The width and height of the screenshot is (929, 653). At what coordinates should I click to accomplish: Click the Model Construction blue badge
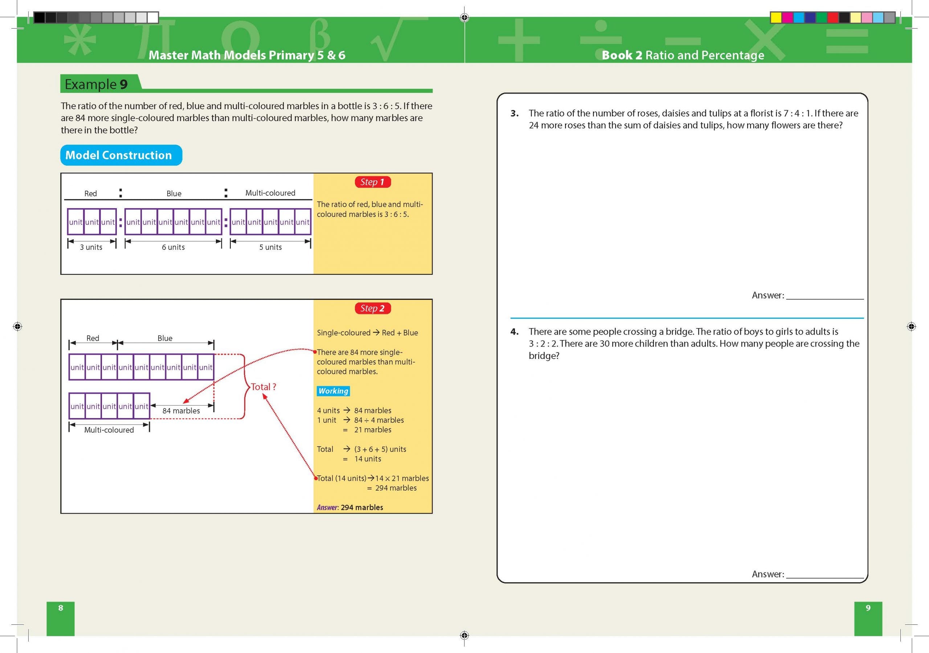point(121,155)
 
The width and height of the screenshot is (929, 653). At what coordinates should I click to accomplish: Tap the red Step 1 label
point(372,182)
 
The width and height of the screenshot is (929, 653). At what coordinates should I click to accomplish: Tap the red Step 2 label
point(372,309)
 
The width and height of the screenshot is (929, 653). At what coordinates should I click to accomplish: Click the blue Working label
point(333,391)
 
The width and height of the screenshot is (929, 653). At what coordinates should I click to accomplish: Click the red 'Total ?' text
point(263,387)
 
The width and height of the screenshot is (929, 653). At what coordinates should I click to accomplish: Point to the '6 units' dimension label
point(173,247)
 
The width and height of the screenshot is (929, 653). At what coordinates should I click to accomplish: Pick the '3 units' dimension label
point(91,247)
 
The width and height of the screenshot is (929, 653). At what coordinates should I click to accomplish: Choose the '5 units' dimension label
point(270,247)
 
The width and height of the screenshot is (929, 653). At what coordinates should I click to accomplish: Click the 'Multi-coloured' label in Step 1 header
point(270,193)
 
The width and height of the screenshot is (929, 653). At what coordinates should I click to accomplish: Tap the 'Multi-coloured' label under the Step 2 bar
point(109,430)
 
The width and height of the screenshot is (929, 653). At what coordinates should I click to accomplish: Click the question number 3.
point(514,113)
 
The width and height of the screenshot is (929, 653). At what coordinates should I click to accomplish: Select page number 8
point(61,608)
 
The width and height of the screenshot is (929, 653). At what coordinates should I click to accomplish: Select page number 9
point(868,608)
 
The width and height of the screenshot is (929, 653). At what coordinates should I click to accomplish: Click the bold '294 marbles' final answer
point(362,508)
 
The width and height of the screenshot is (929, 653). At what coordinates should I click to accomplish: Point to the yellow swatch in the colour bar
point(775,17)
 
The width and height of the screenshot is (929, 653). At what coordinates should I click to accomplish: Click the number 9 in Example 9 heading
point(123,84)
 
